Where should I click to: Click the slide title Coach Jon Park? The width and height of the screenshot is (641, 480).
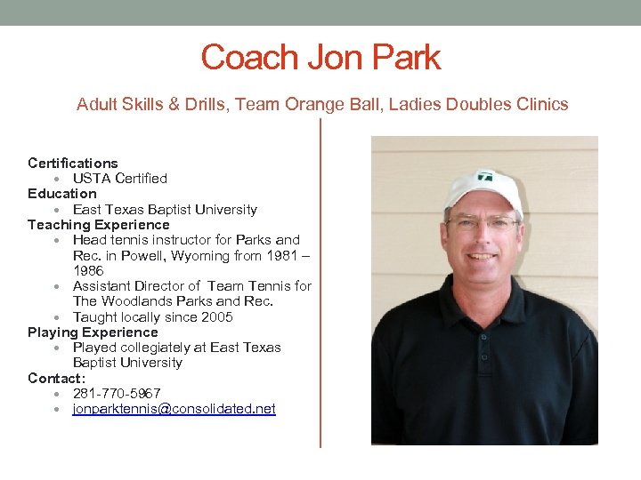(320, 58)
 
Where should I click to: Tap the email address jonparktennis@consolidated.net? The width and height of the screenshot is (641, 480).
(174, 409)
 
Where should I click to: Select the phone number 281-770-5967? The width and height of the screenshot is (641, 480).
(117, 393)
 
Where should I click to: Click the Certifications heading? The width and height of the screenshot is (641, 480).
(72, 164)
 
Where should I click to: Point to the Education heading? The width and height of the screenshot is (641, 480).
(61, 194)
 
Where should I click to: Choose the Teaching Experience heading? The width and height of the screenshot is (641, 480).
(98, 225)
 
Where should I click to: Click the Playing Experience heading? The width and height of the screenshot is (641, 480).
(93, 332)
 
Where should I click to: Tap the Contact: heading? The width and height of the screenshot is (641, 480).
(55, 378)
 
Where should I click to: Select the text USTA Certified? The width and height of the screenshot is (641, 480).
(119, 179)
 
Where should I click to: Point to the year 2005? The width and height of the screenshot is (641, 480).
(217, 317)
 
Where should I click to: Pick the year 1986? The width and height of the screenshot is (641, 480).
(88, 270)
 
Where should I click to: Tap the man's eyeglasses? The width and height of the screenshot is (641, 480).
(482, 223)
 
